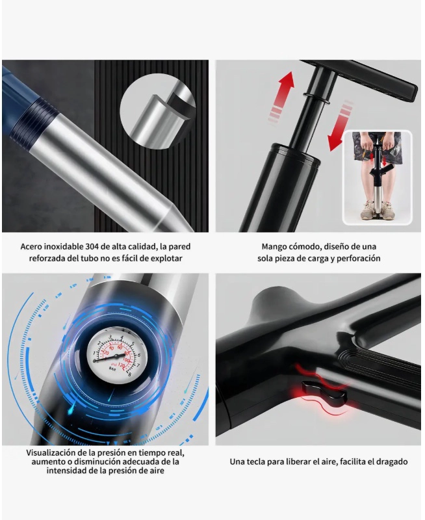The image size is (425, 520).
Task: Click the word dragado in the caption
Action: (393, 462)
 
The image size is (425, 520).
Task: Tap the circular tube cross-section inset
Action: (158, 111)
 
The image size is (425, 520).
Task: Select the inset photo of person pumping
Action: (378, 177)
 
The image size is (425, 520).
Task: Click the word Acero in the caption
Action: (31, 247)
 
